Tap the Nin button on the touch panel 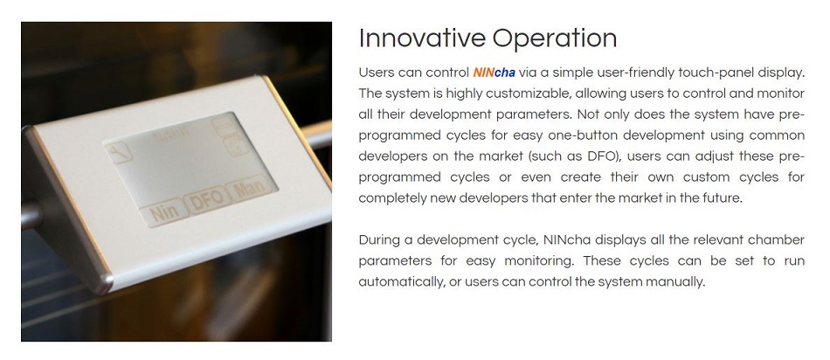160,212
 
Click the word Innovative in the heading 421,38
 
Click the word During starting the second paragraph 380,240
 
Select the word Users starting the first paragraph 377,73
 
